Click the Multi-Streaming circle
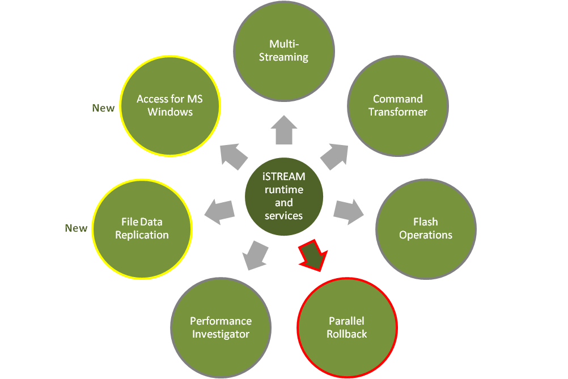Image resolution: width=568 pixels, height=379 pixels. pyautogui.click(x=283, y=51)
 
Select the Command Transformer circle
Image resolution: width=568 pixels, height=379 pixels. pyautogui.click(x=398, y=105)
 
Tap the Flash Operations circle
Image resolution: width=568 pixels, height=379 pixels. pyautogui.click(x=426, y=228)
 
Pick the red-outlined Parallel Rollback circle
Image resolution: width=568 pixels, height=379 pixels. pyautogui.click(x=347, y=327)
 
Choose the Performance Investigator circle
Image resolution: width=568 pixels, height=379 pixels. pyautogui.click(x=221, y=327)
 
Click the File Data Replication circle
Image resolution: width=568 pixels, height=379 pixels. pyautogui.click(x=142, y=228)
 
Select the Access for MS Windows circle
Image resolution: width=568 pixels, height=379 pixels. pyautogui.click(x=170, y=105)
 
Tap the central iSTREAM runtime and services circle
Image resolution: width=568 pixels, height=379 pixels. pyautogui.click(x=283, y=196)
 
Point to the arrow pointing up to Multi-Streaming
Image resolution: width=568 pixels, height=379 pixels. pyautogui.click(x=283, y=131)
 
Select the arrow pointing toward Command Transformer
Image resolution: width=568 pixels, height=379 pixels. pyautogui.click(x=334, y=156)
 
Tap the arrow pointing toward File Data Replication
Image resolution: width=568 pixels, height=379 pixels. pyautogui.click(x=219, y=210)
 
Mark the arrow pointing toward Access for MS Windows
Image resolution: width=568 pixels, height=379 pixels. pyautogui.click(x=233, y=156)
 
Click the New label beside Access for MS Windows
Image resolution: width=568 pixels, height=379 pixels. pyautogui.click(x=103, y=108)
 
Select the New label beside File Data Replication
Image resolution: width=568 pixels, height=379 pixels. pyautogui.click(x=76, y=228)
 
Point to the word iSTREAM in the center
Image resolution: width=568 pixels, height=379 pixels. pyautogui.click(x=284, y=177)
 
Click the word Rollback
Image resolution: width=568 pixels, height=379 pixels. pyautogui.click(x=347, y=334)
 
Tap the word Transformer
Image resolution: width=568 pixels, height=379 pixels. pyautogui.click(x=398, y=112)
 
